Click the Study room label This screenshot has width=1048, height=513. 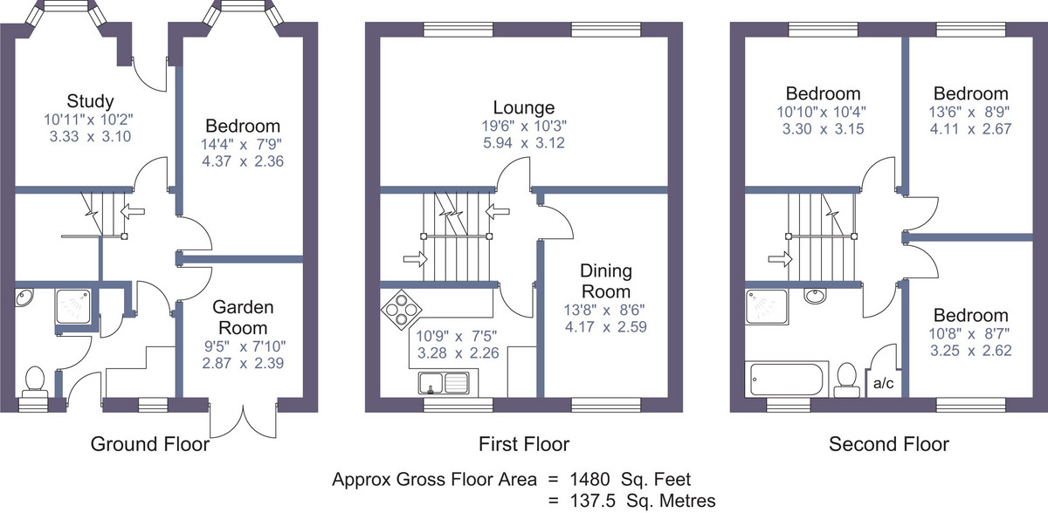tap(90, 101)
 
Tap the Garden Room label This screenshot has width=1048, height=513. tap(243, 318)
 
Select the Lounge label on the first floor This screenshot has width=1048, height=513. tap(524, 107)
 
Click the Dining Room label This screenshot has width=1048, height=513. tap(606, 281)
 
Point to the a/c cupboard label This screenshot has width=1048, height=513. tap(883, 384)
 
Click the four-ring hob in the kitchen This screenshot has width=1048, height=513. tap(402, 310)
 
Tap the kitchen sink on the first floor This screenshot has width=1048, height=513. tap(444, 383)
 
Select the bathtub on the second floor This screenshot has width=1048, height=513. tap(786, 379)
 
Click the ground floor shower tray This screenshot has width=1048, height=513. tap(73, 306)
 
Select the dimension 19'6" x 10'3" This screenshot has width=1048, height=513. tap(524, 126)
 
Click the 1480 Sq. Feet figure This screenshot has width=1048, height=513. tap(631, 479)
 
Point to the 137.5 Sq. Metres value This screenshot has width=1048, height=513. tap(643, 501)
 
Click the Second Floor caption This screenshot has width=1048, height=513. tap(889, 444)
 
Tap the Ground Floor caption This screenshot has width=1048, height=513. tap(150, 444)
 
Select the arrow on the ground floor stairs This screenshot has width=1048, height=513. tap(133, 211)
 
